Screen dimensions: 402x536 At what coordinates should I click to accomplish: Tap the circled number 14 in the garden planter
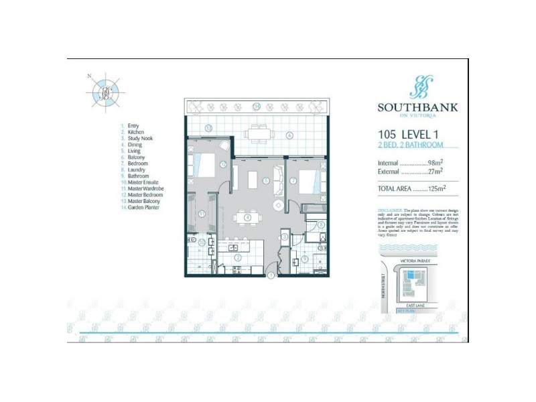click(257, 106)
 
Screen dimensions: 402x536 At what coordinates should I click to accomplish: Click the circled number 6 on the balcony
click(289, 135)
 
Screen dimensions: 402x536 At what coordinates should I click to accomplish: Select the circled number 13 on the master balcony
click(209, 127)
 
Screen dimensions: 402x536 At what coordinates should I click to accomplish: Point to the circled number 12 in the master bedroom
click(222, 163)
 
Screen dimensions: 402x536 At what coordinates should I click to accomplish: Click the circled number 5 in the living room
click(266, 180)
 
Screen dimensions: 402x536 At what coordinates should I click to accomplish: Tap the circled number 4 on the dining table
click(247, 217)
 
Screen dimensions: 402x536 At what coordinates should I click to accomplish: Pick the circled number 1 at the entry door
click(271, 275)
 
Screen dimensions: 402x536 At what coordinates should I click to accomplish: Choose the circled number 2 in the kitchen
click(237, 257)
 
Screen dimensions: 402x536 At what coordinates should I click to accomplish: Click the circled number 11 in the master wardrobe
click(202, 213)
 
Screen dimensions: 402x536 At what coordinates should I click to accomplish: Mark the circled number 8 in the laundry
click(321, 225)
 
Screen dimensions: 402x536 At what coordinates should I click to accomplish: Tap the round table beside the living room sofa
click(277, 205)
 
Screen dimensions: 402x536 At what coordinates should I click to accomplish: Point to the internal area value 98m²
click(436, 163)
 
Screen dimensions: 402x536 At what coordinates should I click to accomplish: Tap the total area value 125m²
click(437, 189)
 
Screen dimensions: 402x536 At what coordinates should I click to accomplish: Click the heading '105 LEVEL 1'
click(408, 134)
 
